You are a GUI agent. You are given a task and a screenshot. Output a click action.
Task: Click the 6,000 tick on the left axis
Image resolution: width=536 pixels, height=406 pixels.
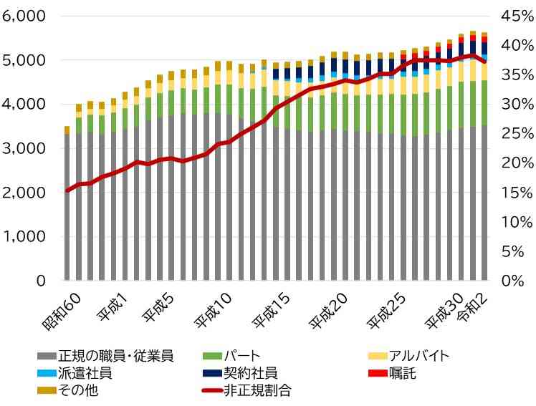[25, 16]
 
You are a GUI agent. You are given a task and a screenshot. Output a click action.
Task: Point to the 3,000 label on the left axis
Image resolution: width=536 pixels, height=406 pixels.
[25, 148]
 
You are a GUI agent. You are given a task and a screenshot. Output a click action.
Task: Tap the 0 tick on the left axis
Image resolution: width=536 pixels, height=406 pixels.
[40, 281]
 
